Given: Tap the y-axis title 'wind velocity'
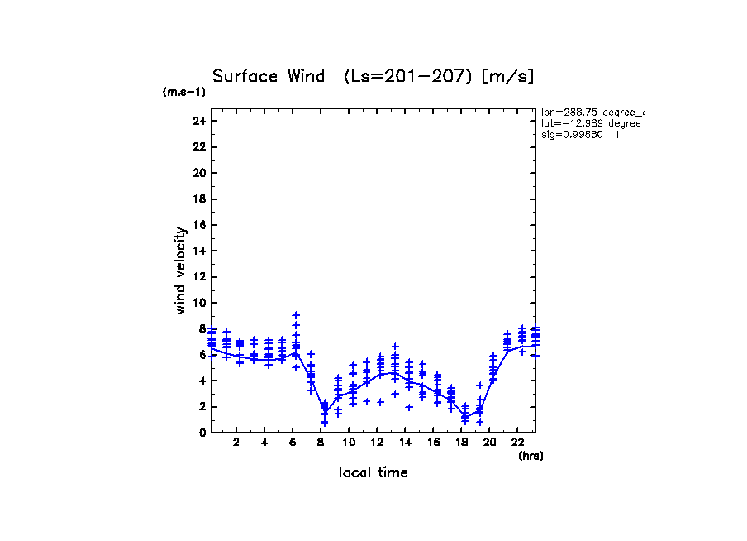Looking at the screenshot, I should coord(180,270).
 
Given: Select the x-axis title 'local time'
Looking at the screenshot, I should coord(373,472).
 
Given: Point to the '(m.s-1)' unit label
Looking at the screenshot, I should coord(184,93).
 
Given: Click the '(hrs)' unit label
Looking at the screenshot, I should coord(530,456).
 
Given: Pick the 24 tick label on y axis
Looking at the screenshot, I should coord(198,121).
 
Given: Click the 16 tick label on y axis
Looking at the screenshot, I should coord(198,225).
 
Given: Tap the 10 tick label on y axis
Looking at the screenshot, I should coord(198,303).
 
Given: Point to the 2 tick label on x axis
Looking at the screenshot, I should coord(237,443).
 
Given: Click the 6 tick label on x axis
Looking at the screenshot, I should coord(293,443).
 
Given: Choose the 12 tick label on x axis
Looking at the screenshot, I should coord(378,443).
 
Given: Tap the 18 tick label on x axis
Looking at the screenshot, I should coord(462,443).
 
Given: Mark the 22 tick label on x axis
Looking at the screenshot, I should coord(518,443).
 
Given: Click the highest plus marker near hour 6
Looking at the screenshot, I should coord(296,315).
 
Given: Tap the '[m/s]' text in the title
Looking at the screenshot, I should coord(508,76).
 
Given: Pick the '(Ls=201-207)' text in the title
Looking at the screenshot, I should coord(409,76).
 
